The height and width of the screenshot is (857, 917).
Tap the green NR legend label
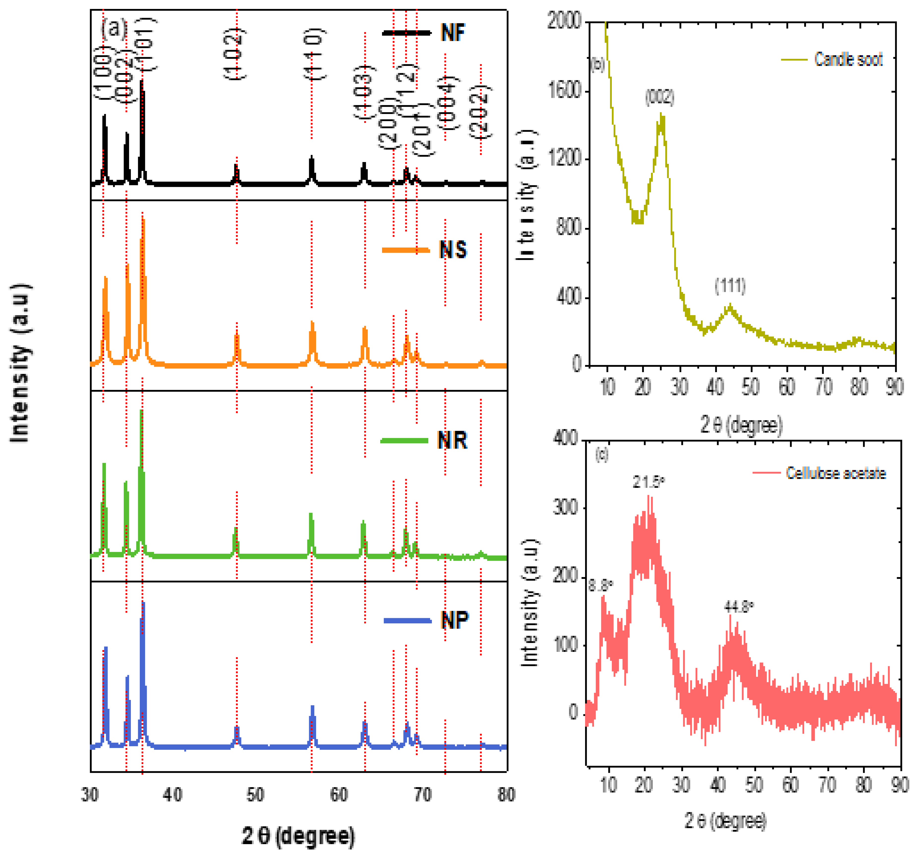(452, 440)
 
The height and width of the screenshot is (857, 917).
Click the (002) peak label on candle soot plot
(660, 97)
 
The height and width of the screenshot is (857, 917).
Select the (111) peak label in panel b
(730, 286)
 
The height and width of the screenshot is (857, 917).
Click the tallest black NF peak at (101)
(142, 83)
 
